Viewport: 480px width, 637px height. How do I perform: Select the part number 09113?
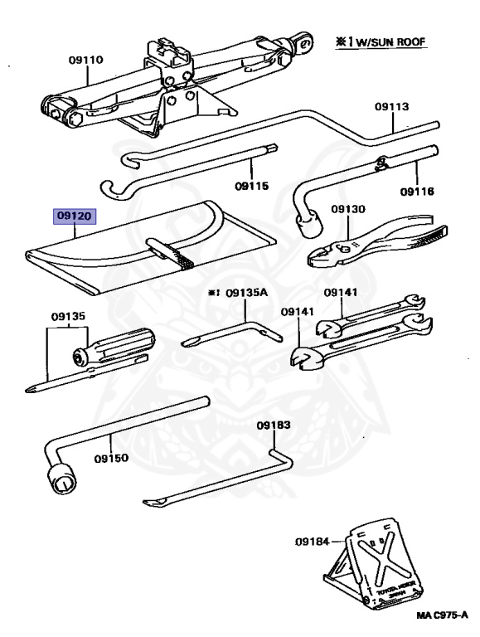point(391,106)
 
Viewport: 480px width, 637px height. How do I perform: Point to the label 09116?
point(418,192)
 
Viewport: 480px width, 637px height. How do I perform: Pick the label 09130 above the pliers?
point(347,210)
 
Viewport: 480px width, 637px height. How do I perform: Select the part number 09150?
point(112,457)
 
